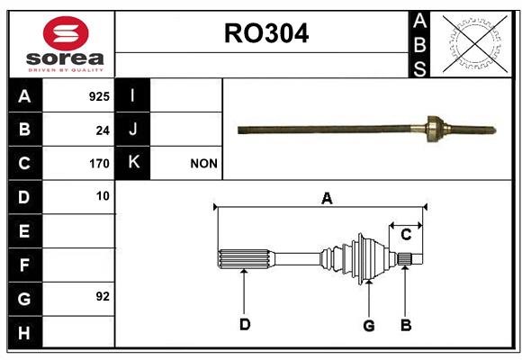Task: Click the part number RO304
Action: click(x=266, y=33)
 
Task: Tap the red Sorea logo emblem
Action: click(x=66, y=33)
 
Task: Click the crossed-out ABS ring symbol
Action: click(x=475, y=43)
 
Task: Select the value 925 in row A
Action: click(x=99, y=96)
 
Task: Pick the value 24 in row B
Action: click(x=103, y=130)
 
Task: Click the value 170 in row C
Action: click(x=99, y=164)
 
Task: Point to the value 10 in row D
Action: click(x=103, y=196)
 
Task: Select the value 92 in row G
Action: click(x=103, y=296)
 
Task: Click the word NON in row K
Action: click(x=203, y=164)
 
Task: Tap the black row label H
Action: click(x=24, y=332)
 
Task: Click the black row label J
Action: click(x=132, y=129)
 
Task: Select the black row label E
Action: click(x=24, y=230)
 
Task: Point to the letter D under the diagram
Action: click(x=245, y=324)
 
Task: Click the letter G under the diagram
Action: click(x=369, y=326)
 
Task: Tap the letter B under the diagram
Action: click(x=406, y=325)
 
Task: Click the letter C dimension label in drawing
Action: click(x=406, y=234)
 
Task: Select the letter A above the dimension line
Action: click(x=327, y=199)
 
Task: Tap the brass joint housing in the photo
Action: click(x=435, y=129)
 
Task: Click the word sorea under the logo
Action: click(x=65, y=58)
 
